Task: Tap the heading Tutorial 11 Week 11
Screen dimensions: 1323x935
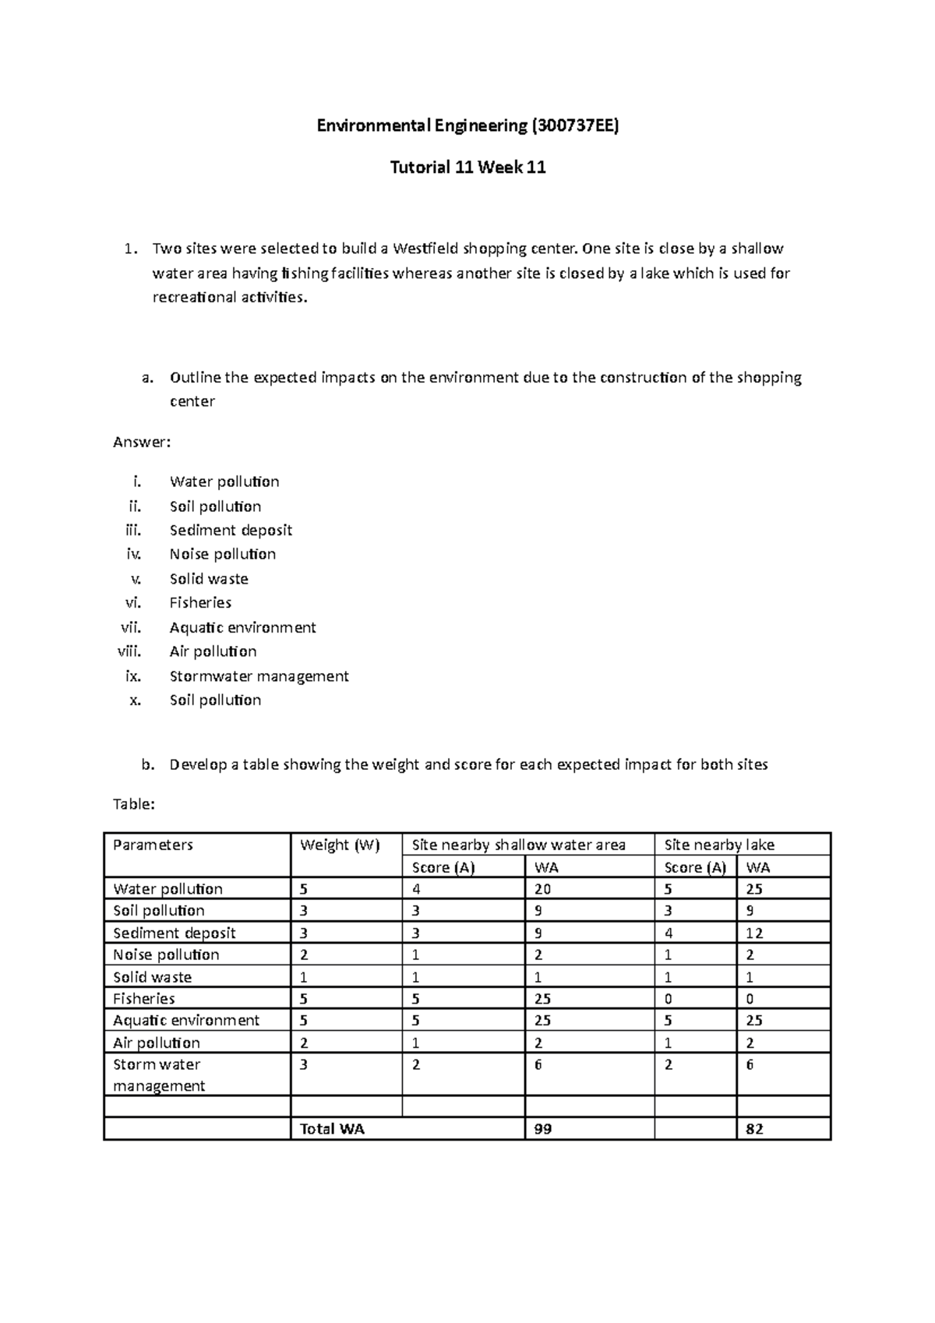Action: point(467,167)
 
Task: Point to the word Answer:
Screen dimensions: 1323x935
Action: point(141,442)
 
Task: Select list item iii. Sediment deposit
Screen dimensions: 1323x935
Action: point(231,530)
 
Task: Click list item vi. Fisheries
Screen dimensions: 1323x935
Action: point(200,602)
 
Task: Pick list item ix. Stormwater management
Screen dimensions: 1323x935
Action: point(259,676)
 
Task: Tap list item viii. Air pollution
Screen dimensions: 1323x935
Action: point(213,651)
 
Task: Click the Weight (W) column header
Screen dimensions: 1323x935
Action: point(339,845)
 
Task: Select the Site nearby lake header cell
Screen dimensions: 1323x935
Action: point(718,845)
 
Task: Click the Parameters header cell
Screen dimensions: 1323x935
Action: point(153,845)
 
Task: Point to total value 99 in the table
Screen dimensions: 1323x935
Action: point(543,1128)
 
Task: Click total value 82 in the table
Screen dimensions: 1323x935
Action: point(753,1128)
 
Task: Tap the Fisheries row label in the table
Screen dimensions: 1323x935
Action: point(144,998)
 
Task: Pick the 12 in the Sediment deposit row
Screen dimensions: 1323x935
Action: point(753,933)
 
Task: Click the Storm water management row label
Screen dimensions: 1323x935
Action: point(158,1074)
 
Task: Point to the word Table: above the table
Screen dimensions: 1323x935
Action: point(134,804)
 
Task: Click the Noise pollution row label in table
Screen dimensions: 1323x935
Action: point(166,954)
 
